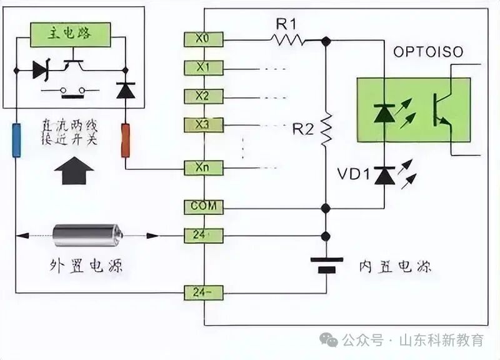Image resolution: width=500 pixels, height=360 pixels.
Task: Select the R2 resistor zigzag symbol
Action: pos(326,130)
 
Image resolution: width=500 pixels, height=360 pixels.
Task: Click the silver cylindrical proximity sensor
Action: pos(87,236)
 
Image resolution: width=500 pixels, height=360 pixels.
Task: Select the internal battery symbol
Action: pos(326,264)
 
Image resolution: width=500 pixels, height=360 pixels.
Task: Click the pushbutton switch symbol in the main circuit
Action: pos(71,91)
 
